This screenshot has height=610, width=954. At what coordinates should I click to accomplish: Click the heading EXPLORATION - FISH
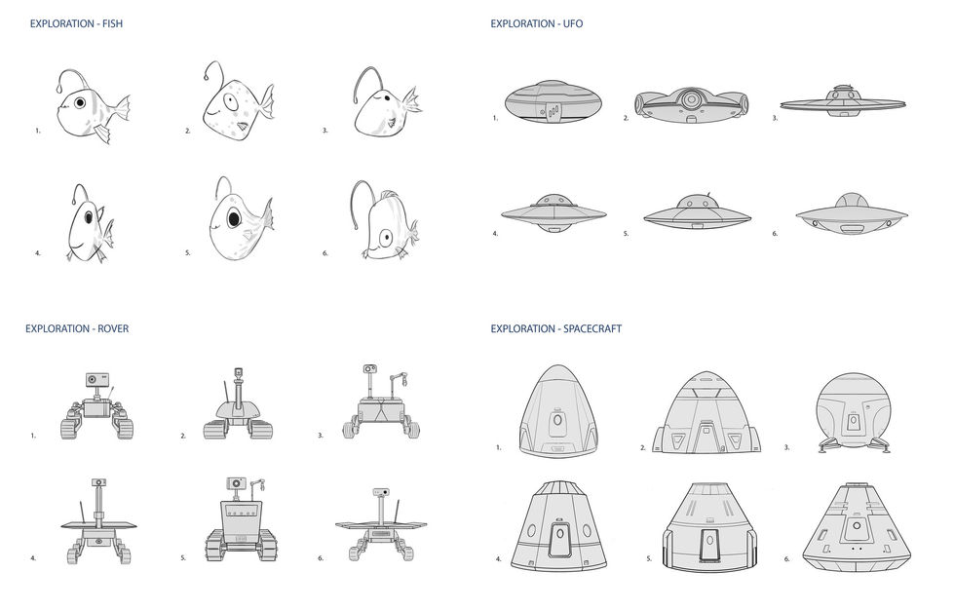click(x=77, y=22)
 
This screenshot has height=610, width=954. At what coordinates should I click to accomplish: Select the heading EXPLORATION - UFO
click(x=537, y=22)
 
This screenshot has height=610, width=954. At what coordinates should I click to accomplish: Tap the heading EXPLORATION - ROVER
click(x=77, y=328)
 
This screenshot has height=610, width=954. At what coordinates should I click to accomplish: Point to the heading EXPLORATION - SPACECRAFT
click(x=555, y=328)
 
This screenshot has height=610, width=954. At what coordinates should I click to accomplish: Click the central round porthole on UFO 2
click(x=690, y=98)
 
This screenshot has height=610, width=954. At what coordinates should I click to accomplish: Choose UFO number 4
click(x=553, y=213)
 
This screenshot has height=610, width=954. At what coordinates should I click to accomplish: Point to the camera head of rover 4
click(x=98, y=482)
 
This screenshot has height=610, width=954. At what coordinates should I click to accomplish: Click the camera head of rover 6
click(x=382, y=492)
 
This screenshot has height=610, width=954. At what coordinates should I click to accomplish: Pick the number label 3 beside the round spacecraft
click(x=786, y=447)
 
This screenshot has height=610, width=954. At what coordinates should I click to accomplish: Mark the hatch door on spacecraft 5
click(x=707, y=537)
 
